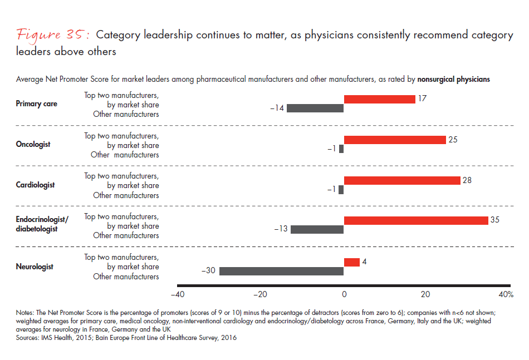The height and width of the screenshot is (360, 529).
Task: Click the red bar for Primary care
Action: (379, 99)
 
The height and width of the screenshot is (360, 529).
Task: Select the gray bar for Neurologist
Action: (281, 271)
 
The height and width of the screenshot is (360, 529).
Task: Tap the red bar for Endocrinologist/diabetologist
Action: (415, 220)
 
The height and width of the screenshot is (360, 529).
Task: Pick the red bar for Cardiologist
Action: (402, 180)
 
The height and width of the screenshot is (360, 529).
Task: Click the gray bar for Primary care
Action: (315, 108)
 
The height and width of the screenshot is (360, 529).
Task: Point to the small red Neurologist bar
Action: (351, 262)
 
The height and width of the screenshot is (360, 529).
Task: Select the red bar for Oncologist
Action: (395, 140)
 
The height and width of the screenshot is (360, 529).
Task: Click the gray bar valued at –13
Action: (317, 229)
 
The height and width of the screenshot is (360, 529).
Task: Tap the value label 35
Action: (494, 220)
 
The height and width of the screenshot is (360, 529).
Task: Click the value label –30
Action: (209, 271)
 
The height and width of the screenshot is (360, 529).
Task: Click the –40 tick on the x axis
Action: (177, 294)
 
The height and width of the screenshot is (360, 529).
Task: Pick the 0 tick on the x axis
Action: (344, 294)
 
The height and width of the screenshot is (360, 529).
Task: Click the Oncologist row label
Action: (33, 145)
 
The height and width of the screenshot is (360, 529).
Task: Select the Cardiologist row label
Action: (35, 185)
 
